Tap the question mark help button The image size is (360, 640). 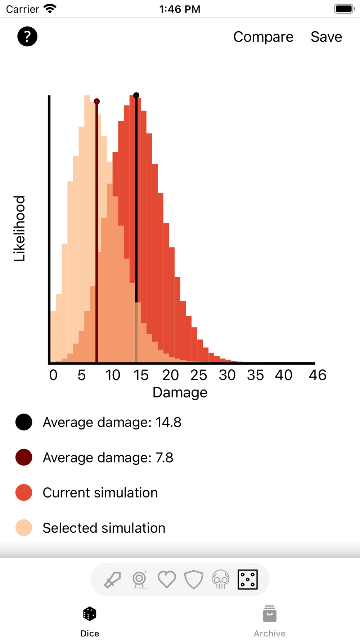(x=27, y=36)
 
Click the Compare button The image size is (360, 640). (x=263, y=37)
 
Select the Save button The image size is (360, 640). (x=326, y=37)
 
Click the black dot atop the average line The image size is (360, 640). (x=136, y=95)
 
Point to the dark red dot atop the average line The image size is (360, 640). (x=96, y=102)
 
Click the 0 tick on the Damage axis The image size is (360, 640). (x=53, y=375)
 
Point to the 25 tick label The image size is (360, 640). (x=199, y=375)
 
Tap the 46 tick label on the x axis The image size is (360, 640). (x=318, y=375)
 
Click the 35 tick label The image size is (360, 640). (x=255, y=375)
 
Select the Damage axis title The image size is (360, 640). (x=180, y=392)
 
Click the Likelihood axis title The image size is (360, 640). (x=19, y=229)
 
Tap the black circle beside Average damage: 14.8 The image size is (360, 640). (x=24, y=422)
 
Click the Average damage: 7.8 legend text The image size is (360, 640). (x=108, y=458)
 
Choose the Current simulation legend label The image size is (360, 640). (x=100, y=493)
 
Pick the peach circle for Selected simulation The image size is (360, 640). (x=24, y=528)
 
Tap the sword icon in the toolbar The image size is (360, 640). (x=112, y=580)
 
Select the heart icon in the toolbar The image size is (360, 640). (x=167, y=580)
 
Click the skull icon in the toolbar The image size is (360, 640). (x=221, y=580)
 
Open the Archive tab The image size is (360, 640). (x=270, y=621)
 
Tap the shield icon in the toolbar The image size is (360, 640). (x=194, y=580)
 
